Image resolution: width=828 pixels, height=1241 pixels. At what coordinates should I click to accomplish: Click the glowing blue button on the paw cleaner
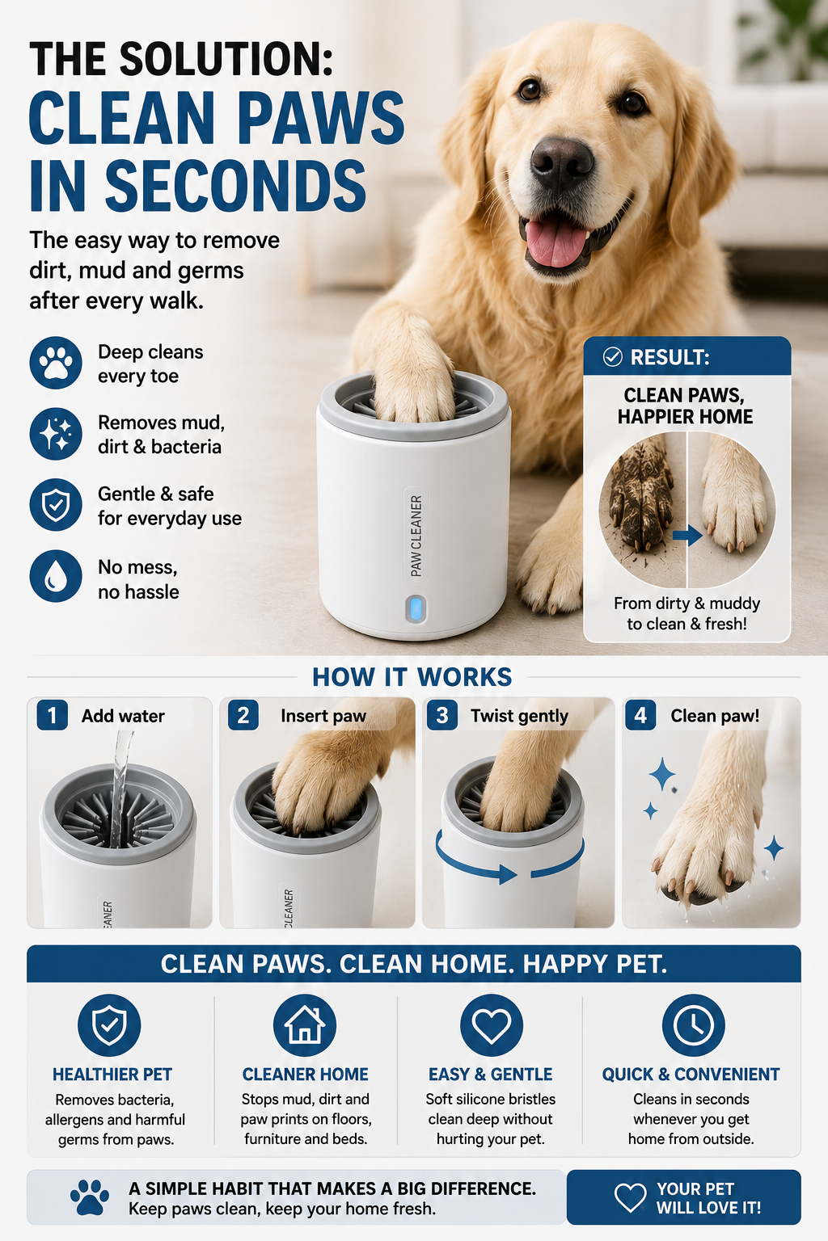pyautogui.click(x=416, y=609)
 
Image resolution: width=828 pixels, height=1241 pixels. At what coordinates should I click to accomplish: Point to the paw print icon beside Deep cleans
pyautogui.click(x=56, y=363)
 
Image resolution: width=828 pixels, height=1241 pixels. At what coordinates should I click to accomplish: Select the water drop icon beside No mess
pyautogui.click(x=56, y=576)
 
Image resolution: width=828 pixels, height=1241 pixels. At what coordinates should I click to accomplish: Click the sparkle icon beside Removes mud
pyautogui.click(x=56, y=434)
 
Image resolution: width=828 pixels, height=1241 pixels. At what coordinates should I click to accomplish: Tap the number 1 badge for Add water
pyautogui.click(x=52, y=715)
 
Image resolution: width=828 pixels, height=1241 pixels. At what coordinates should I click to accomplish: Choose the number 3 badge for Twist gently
pyautogui.click(x=442, y=715)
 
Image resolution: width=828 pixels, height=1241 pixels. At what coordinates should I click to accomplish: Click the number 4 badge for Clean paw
pyautogui.click(x=640, y=715)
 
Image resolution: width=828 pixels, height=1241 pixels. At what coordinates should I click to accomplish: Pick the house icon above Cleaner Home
pyautogui.click(x=305, y=1025)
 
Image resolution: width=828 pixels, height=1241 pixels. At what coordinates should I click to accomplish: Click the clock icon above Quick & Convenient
pyautogui.click(x=693, y=1025)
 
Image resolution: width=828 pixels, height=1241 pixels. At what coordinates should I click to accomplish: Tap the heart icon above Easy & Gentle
pyautogui.click(x=492, y=1025)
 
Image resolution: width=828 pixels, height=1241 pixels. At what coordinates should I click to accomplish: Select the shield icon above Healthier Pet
pyautogui.click(x=109, y=1025)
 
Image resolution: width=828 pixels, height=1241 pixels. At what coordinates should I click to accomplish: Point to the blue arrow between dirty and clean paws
pyautogui.click(x=687, y=535)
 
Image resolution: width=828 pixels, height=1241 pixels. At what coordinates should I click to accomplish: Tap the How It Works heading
pyautogui.click(x=412, y=677)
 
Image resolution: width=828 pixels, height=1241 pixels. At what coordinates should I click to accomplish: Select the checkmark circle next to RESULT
pyautogui.click(x=612, y=357)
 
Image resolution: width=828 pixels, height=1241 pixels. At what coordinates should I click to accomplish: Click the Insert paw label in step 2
pyautogui.click(x=323, y=716)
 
